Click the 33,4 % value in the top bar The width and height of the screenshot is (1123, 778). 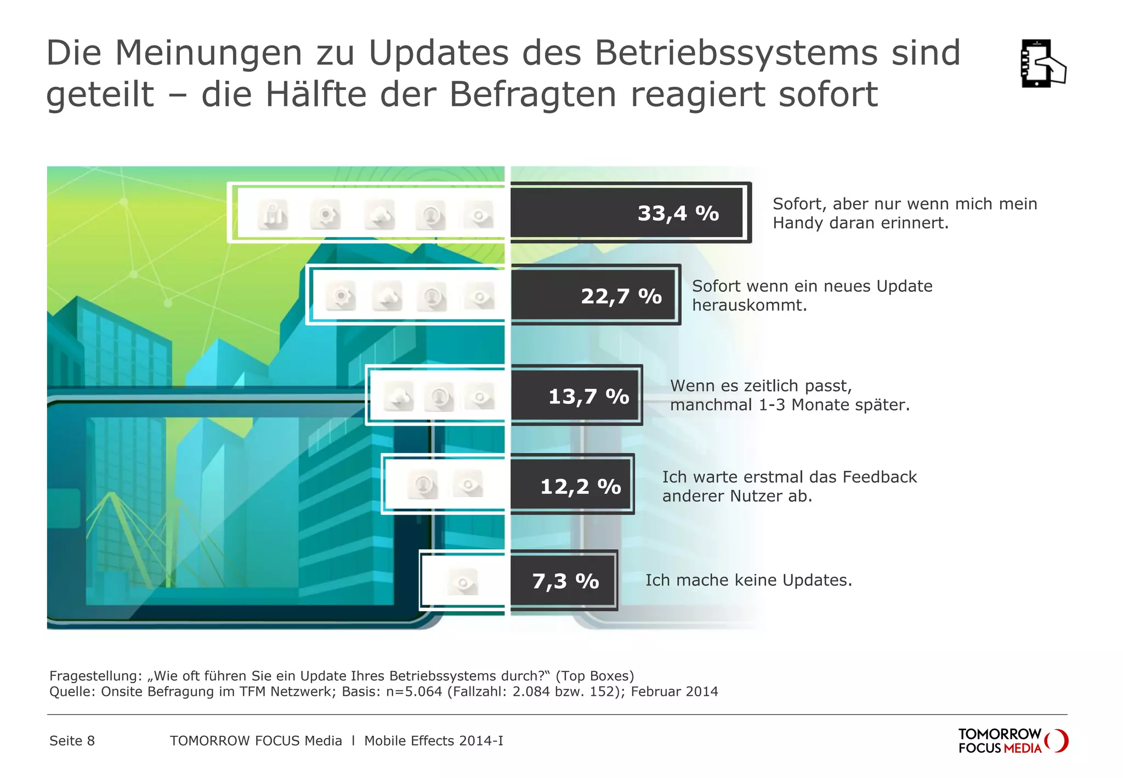678,213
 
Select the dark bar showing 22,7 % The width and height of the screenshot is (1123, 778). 593,296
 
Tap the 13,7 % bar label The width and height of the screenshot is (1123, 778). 588,396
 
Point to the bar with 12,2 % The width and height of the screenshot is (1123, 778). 571,486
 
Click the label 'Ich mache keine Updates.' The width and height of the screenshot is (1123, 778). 748,580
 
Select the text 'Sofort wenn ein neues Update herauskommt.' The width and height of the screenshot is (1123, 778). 812,296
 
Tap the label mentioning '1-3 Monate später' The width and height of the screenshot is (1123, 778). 790,405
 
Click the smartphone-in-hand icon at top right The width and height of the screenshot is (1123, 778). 1042,64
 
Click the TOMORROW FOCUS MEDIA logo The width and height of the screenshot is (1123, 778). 1012,741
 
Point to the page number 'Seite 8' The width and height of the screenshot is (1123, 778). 72,741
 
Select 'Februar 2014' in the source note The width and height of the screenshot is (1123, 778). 674,691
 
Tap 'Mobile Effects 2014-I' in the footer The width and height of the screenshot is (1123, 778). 433,741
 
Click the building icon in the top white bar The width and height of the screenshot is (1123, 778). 273,215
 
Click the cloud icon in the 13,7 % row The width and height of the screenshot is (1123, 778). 398,396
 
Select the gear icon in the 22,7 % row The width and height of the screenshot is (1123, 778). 341,297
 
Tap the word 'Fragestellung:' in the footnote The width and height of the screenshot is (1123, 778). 95,676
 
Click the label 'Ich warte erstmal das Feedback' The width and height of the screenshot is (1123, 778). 789,477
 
